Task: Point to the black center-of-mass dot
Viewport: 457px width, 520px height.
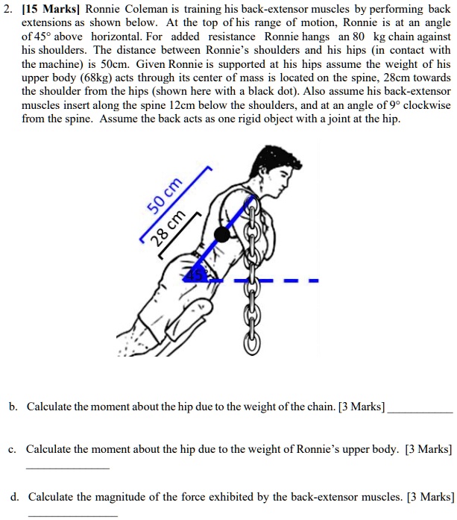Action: (221, 235)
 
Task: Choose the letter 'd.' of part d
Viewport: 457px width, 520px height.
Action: (14, 476)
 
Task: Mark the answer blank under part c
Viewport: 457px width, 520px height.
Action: (67, 467)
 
